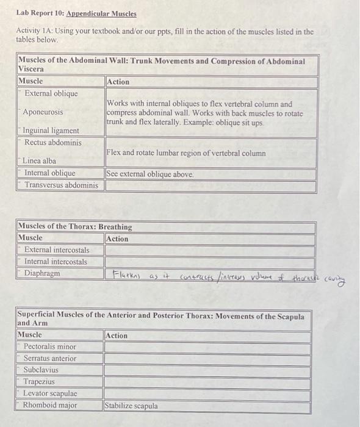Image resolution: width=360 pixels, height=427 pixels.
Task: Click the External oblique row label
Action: tap(51, 93)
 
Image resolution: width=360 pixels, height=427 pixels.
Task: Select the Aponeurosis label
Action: tap(43, 112)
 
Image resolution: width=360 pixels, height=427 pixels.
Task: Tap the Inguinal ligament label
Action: tap(51, 131)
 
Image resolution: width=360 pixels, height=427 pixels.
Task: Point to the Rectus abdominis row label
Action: tap(53, 142)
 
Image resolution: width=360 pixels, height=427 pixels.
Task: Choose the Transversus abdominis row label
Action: tap(61, 185)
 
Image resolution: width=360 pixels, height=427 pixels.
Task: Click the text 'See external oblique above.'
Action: tap(150, 174)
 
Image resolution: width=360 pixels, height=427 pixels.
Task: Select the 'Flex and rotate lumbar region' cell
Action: tap(186, 153)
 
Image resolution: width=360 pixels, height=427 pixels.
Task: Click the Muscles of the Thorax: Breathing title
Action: tap(75, 226)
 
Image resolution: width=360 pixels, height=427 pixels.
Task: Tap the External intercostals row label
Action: tap(57, 250)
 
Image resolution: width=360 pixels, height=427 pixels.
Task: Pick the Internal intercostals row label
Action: tap(56, 262)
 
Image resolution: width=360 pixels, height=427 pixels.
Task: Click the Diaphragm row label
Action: tap(42, 273)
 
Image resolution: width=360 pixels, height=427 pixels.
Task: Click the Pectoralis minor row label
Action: tap(50, 346)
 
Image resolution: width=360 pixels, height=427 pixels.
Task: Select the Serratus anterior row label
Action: tap(50, 358)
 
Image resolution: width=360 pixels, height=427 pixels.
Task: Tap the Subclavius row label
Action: tap(42, 370)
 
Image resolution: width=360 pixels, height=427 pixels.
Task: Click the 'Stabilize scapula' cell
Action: tap(131, 405)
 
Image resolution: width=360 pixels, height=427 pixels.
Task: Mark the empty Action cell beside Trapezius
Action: tap(207, 382)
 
